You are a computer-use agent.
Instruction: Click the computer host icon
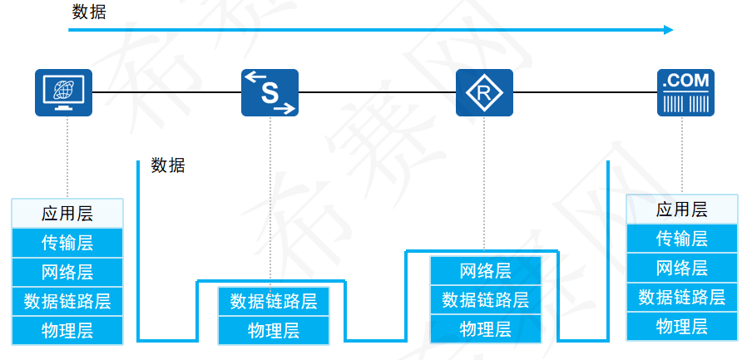63,91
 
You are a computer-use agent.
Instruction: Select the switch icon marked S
270,92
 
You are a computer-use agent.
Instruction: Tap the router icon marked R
484,92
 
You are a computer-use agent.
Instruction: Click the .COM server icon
685,92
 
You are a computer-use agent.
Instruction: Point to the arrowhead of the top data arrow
669,30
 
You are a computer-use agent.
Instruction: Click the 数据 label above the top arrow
89,12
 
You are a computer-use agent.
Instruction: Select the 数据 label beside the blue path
168,165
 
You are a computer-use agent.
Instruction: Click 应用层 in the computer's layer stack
67,213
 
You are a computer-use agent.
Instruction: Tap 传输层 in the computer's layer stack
67,243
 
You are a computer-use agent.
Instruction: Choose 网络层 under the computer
67,272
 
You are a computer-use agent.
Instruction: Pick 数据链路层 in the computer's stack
67,301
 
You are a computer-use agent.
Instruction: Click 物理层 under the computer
67,330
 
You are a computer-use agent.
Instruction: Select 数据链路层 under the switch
274,301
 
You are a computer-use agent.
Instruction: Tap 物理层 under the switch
274,330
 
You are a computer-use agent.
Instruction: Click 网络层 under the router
486,271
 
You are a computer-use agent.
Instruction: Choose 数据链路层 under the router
486,299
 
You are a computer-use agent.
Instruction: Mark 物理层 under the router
486,328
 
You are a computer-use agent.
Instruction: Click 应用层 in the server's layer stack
682,210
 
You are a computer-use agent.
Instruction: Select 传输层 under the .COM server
682,239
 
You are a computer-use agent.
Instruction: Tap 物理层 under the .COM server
682,325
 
